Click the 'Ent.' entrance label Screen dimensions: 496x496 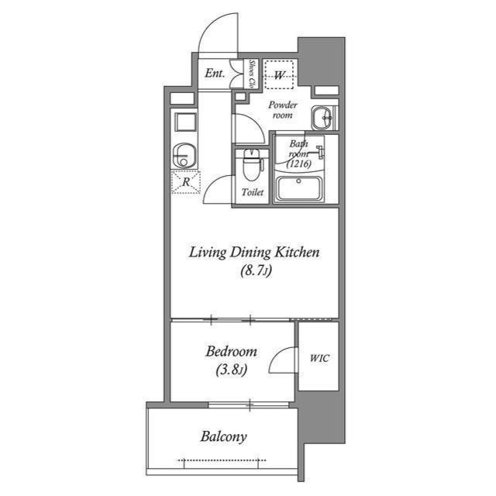pyautogui.click(x=215, y=74)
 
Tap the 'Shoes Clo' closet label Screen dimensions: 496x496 pyautogui.click(x=252, y=74)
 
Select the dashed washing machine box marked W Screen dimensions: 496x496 pyautogui.click(x=279, y=75)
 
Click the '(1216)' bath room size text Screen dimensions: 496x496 pyautogui.click(x=298, y=164)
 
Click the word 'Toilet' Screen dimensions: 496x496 pyautogui.click(x=253, y=192)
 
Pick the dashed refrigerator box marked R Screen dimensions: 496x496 pyautogui.click(x=185, y=183)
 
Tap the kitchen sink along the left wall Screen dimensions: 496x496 pyautogui.click(x=184, y=153)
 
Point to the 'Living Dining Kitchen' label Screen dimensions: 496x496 pyautogui.click(x=255, y=253)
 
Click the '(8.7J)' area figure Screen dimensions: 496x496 pyautogui.click(x=255, y=272)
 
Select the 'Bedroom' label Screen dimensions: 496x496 pyautogui.click(x=231, y=352)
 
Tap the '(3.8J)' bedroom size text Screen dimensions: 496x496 pyautogui.click(x=231, y=370)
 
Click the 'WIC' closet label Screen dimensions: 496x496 pyautogui.click(x=319, y=358)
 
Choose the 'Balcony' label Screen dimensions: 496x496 pyautogui.click(x=223, y=437)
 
